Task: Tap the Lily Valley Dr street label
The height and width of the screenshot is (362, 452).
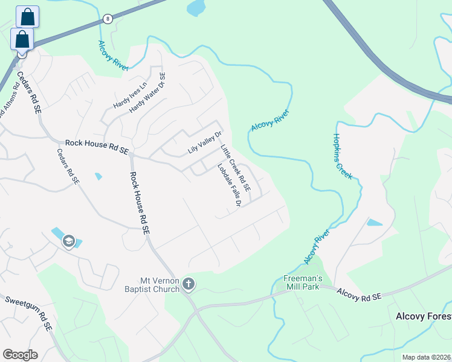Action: tap(205, 142)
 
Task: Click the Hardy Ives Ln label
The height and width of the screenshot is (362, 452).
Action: tap(130, 96)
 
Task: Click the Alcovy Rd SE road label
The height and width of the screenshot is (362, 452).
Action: tap(360, 295)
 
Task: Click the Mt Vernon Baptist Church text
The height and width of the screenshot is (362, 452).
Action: tap(159, 284)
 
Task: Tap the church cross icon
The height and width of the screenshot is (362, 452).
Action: tap(189, 284)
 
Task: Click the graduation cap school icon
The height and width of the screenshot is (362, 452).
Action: tap(68, 241)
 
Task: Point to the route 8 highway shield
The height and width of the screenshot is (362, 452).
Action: tap(107, 19)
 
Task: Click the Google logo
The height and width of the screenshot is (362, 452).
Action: tap(20, 355)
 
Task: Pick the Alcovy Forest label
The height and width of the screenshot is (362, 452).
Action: tap(423, 316)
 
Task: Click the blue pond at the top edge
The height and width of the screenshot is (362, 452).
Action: tap(196, 7)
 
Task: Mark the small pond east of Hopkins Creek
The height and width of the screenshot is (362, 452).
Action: tap(374, 222)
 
